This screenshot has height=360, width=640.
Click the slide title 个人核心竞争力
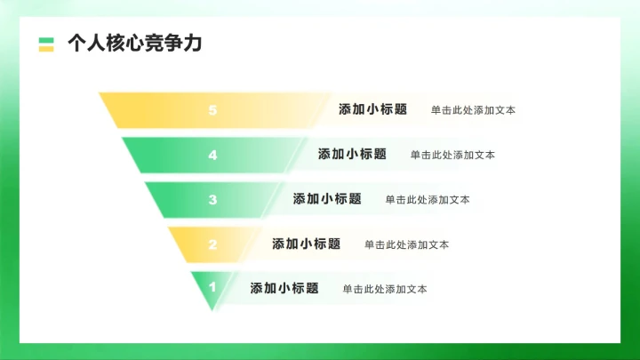coord(134,44)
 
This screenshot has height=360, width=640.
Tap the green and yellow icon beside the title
coord(46,44)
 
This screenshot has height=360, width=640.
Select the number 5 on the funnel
coord(212,110)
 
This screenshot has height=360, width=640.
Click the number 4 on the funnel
coord(212,155)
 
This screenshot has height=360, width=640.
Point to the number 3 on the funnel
coord(212,199)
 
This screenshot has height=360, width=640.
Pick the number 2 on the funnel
coord(212,244)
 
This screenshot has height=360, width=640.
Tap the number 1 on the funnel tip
coord(212,287)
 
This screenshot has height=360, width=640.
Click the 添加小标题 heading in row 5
coord(372,109)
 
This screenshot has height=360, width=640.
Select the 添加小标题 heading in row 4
coord(352,154)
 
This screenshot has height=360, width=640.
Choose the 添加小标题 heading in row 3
coord(327,198)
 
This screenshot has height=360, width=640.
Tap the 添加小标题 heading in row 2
coord(306,244)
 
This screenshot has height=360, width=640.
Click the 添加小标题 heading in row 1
coord(284,288)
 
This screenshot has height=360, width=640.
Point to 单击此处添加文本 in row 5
coord(473,110)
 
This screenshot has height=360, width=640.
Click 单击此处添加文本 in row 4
coord(452,155)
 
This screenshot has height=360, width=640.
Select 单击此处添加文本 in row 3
coord(428,199)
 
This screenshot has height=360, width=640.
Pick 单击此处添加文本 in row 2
coord(406,244)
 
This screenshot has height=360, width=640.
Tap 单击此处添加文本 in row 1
coord(385,289)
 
